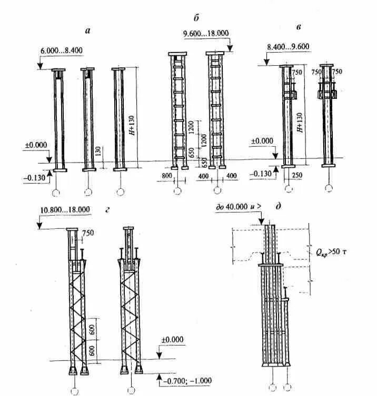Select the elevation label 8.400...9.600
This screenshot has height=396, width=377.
click(x=288, y=46)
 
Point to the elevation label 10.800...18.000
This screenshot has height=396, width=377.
click(x=65, y=210)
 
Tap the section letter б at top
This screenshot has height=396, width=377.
click(x=195, y=19)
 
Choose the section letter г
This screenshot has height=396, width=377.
click(x=107, y=210)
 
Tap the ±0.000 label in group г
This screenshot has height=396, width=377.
click(x=173, y=340)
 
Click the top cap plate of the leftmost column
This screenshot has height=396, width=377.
click(x=57, y=70)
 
